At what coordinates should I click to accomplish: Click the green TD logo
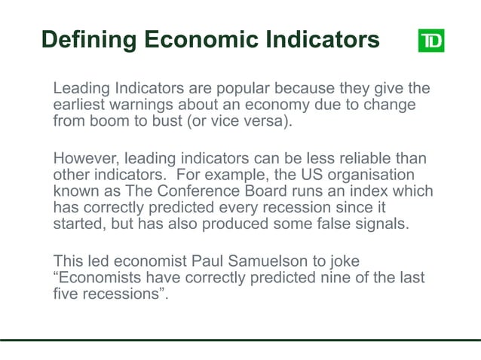[x=430, y=40]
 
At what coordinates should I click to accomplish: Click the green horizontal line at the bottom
[x=240, y=340]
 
